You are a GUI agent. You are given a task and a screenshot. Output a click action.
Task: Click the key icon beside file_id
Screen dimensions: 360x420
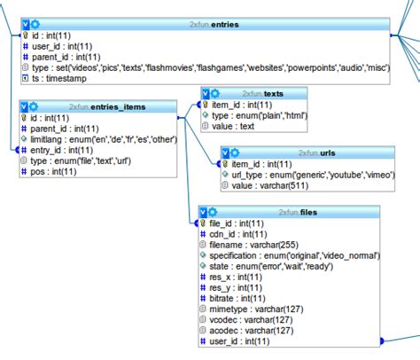[x=205, y=223]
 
